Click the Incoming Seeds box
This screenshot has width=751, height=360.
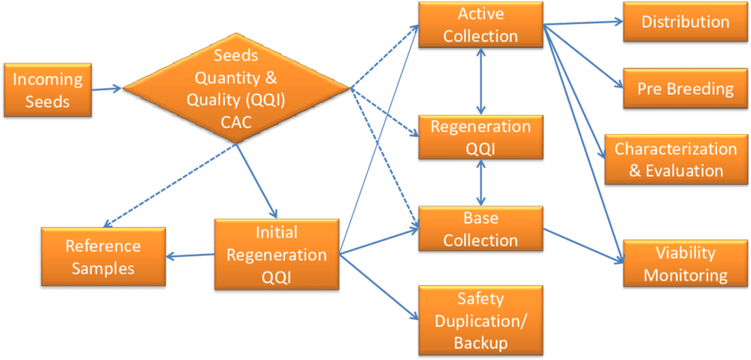[47, 90]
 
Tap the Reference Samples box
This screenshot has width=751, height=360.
[103, 255]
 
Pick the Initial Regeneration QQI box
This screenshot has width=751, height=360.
[276, 255]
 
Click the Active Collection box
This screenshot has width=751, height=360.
[480, 25]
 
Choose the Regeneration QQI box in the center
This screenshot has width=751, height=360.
[480, 137]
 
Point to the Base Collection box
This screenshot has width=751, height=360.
[480, 230]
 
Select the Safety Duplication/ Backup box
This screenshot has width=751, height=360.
[480, 321]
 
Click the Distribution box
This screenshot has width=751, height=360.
[685, 21]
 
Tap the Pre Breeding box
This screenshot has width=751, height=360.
[685, 88]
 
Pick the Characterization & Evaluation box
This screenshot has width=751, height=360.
[675, 159]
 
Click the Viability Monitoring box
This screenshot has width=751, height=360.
[685, 264]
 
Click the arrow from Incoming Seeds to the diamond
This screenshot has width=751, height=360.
[106, 88]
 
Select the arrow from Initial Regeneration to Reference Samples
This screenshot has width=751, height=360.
[190, 255]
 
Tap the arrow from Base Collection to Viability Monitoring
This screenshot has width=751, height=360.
[581, 246]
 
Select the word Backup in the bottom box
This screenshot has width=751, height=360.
[480, 342]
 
